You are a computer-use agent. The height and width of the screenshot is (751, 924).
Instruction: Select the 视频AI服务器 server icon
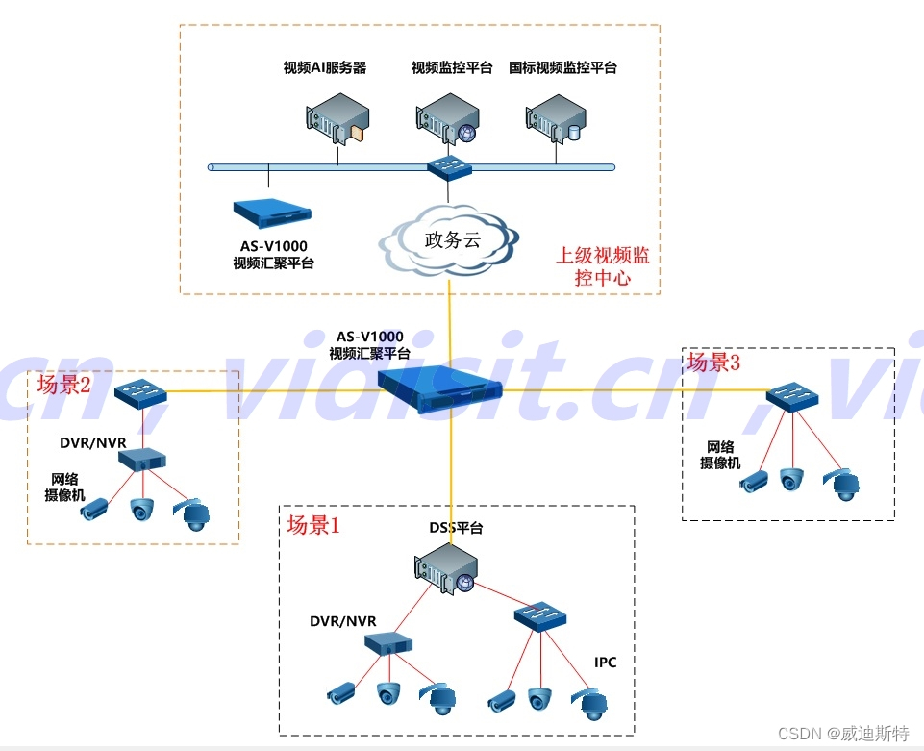click(334, 117)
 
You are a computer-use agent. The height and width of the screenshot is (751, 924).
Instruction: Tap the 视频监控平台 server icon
click(447, 117)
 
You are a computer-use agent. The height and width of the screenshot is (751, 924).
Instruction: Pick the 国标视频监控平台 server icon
click(556, 117)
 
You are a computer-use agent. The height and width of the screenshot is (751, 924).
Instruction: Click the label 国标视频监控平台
click(562, 68)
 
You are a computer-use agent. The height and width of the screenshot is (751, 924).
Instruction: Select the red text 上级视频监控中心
click(603, 266)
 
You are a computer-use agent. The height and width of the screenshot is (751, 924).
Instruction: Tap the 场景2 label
click(64, 386)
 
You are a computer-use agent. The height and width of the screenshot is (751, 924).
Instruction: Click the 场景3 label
click(713, 363)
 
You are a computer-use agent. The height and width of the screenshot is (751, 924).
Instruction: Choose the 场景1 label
click(313, 525)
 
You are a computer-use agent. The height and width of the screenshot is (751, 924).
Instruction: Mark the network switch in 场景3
click(792, 396)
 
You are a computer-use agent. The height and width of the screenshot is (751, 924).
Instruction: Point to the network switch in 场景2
click(140, 393)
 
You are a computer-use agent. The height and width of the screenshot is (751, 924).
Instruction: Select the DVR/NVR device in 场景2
click(143, 458)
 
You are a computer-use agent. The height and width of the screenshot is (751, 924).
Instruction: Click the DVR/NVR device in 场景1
click(388, 642)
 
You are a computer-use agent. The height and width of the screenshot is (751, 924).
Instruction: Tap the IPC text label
click(605, 663)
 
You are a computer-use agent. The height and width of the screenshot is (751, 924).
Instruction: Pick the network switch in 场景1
click(540, 615)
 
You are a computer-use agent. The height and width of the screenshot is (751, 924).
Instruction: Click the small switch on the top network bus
click(449, 167)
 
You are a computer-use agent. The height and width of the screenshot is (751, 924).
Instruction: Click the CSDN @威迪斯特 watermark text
click(843, 734)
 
